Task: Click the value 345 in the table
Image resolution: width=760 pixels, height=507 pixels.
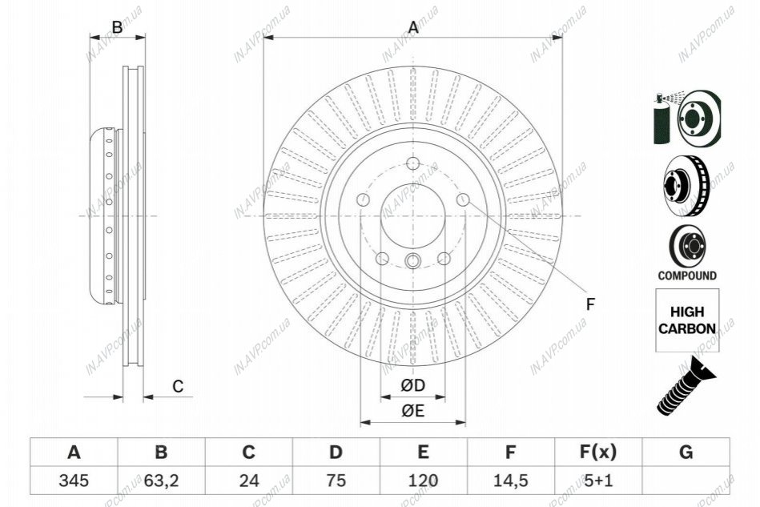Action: coord(74,481)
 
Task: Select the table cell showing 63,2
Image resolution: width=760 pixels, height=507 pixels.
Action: coord(162,481)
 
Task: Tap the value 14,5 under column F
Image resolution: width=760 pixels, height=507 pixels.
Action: coord(510,481)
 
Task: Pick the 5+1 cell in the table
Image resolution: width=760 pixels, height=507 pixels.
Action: coord(598,481)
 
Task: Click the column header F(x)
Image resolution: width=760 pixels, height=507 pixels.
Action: coord(598,452)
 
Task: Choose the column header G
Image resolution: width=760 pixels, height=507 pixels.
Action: coord(686,452)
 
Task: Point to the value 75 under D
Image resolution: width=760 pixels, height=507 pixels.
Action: coord(336,481)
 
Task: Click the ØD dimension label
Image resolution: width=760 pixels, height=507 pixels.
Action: coord(412,385)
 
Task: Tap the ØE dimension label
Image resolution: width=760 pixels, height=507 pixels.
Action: coord(412,411)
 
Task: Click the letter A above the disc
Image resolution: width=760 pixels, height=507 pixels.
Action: coord(413,27)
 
